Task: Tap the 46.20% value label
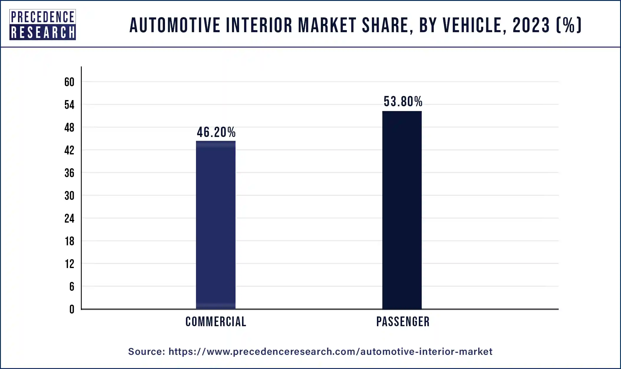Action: click(x=216, y=132)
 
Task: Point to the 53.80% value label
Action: click(x=403, y=102)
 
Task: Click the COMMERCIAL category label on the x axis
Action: click(x=216, y=321)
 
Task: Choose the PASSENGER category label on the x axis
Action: click(x=403, y=321)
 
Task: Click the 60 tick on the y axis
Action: click(x=69, y=82)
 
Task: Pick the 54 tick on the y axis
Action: click(x=69, y=105)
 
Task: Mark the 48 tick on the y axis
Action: click(x=69, y=128)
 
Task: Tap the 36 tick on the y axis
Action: click(x=69, y=173)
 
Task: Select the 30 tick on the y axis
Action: click(x=69, y=196)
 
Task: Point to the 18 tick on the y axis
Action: click(x=69, y=241)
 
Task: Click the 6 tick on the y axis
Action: click(x=72, y=287)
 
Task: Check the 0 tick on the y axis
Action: click(x=72, y=309)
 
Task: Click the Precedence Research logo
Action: click(x=43, y=25)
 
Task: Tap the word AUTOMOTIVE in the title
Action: click(x=175, y=25)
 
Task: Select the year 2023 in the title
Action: click(x=531, y=25)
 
